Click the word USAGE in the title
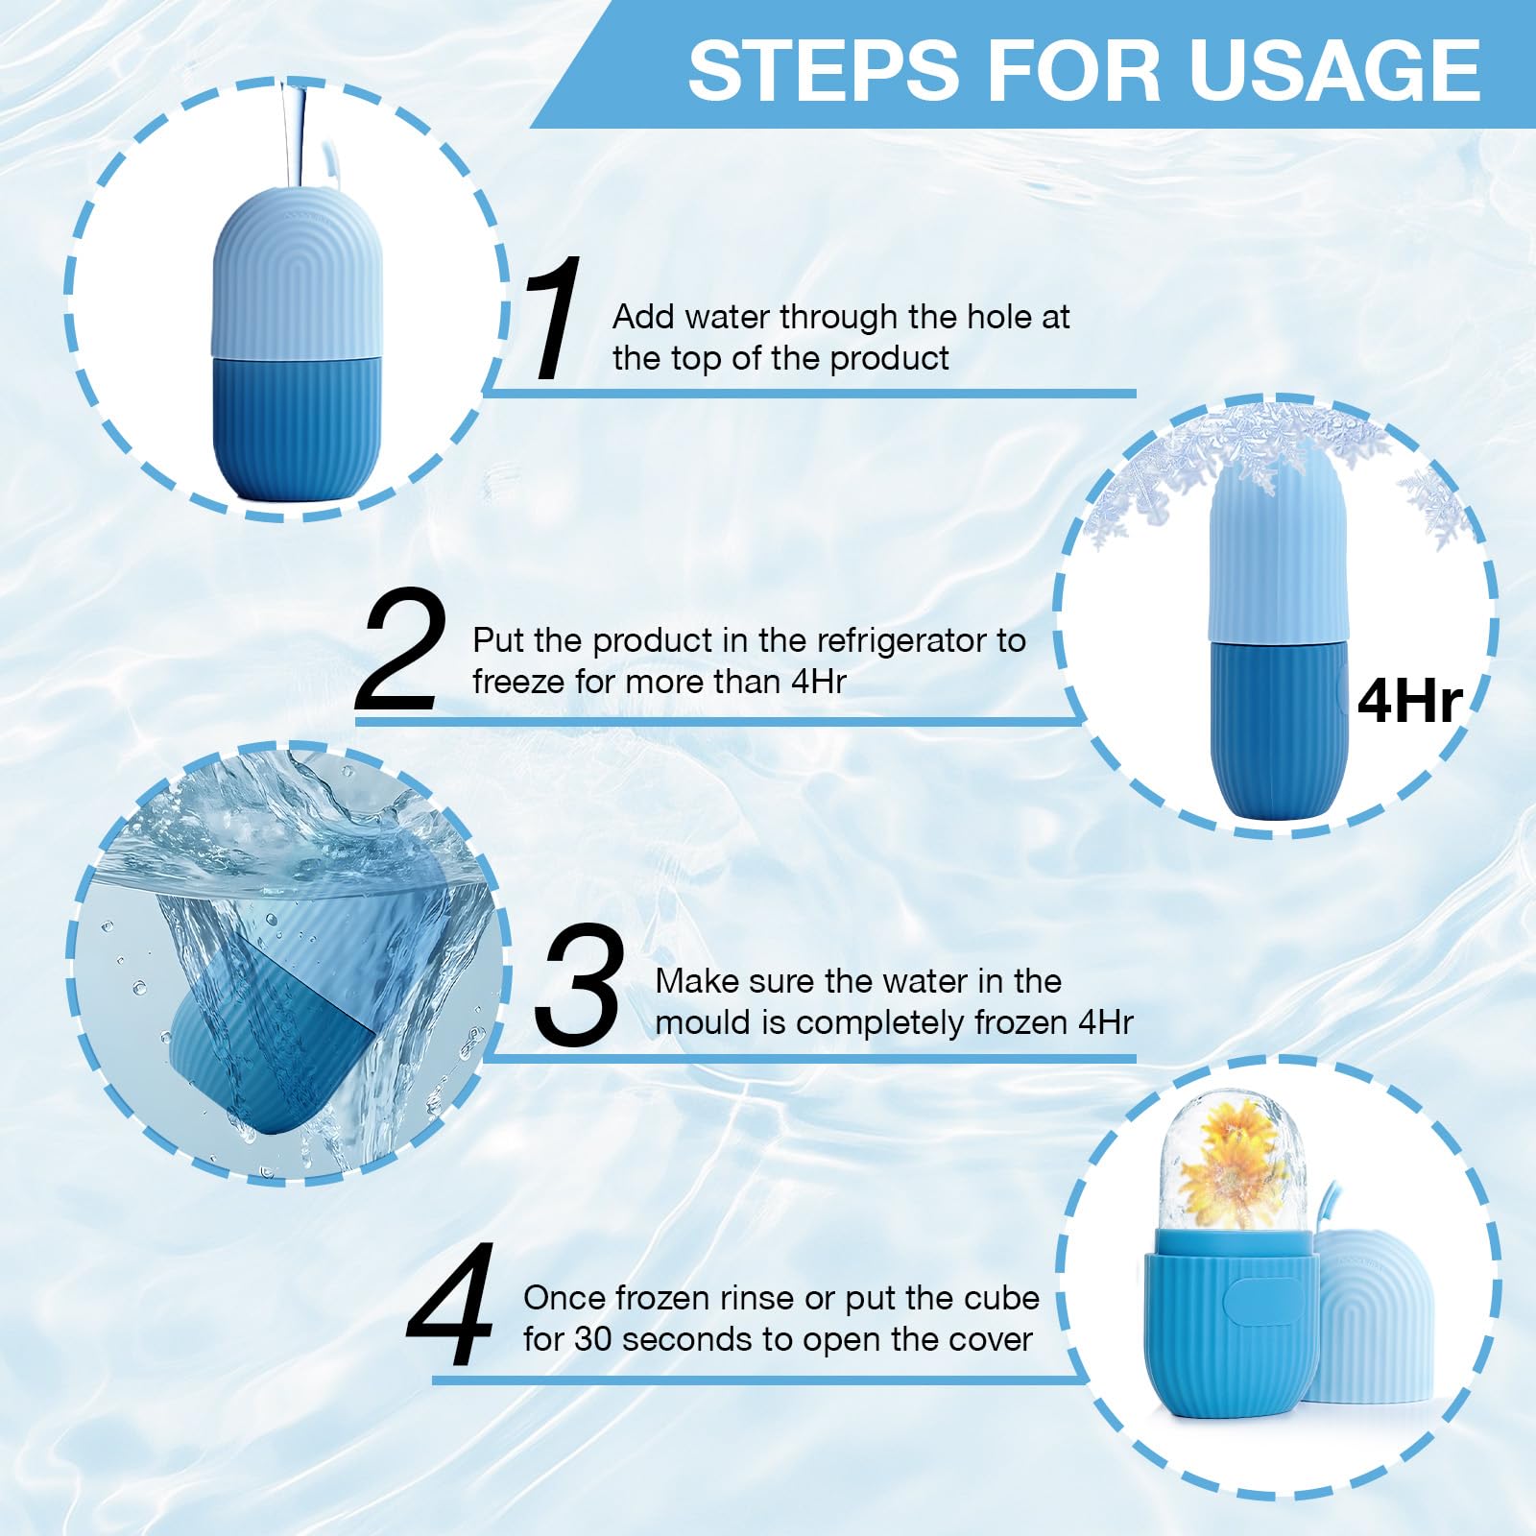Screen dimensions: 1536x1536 pyautogui.click(x=1335, y=70)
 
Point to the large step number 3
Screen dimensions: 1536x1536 pyautogui.click(x=578, y=983)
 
